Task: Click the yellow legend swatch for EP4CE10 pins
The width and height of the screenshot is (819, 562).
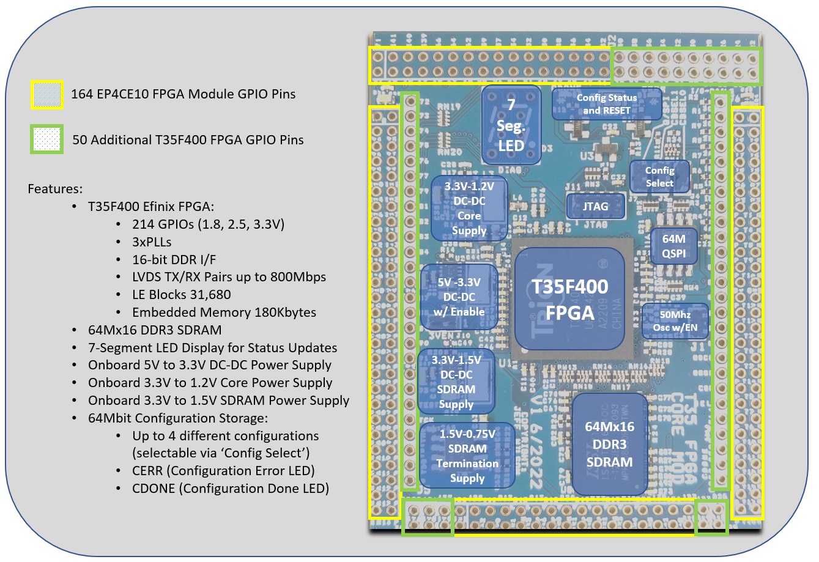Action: pyautogui.click(x=47, y=95)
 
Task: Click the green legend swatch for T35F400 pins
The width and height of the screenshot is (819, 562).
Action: pyautogui.click(x=47, y=140)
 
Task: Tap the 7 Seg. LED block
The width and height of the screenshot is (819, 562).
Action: pyautogui.click(x=511, y=125)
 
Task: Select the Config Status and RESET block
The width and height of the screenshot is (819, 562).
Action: pyautogui.click(x=606, y=104)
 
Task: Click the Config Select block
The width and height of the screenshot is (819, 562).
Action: pyautogui.click(x=659, y=177)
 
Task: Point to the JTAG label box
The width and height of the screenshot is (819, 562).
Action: pyautogui.click(x=595, y=206)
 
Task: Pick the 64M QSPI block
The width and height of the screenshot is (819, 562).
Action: pyautogui.click(x=673, y=246)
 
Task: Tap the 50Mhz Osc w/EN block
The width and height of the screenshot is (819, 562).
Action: pyautogui.click(x=675, y=321)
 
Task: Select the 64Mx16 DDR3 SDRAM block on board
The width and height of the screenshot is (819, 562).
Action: pyautogui.click(x=609, y=444)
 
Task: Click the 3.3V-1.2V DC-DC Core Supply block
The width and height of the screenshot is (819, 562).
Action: pyautogui.click(x=469, y=209)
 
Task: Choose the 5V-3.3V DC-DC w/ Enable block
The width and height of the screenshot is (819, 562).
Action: pyautogui.click(x=459, y=297)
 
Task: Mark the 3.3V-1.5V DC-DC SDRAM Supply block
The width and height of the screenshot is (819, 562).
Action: pyautogui.click(x=456, y=382)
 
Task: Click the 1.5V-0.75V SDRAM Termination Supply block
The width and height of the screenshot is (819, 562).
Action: pyautogui.click(x=467, y=455)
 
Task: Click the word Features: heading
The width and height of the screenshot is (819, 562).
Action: pyautogui.click(x=55, y=189)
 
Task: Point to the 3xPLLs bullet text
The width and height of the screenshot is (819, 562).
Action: pyautogui.click(x=152, y=242)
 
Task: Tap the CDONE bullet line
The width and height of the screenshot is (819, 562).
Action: pyautogui.click(x=230, y=489)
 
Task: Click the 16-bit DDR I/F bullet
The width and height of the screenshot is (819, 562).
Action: pyautogui.click(x=174, y=259)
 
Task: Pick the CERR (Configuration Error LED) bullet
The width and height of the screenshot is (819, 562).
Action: pyautogui.click(x=223, y=471)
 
